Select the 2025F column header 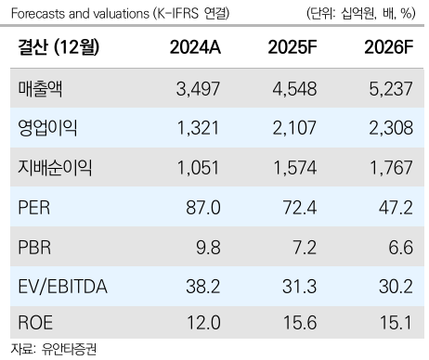pos(294,49)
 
